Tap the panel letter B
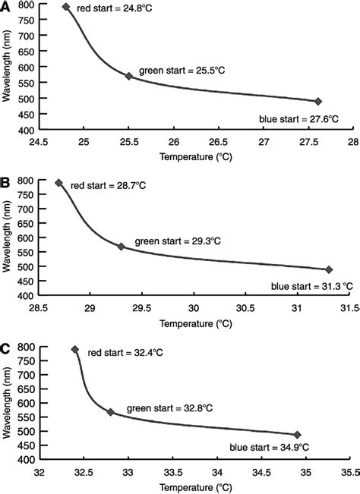coord(6,183)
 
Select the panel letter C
coord(6,350)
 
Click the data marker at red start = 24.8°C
coord(66,7)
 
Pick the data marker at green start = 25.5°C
coord(129,76)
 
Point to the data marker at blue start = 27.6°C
coord(318,101)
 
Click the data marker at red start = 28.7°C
coord(58,183)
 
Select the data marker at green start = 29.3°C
coord(121,246)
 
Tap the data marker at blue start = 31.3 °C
coord(329,269)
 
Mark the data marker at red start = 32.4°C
coord(74,350)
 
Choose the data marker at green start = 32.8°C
coord(110,412)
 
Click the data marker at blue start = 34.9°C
coord(297,435)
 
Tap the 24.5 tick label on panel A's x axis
coord(39,141)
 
